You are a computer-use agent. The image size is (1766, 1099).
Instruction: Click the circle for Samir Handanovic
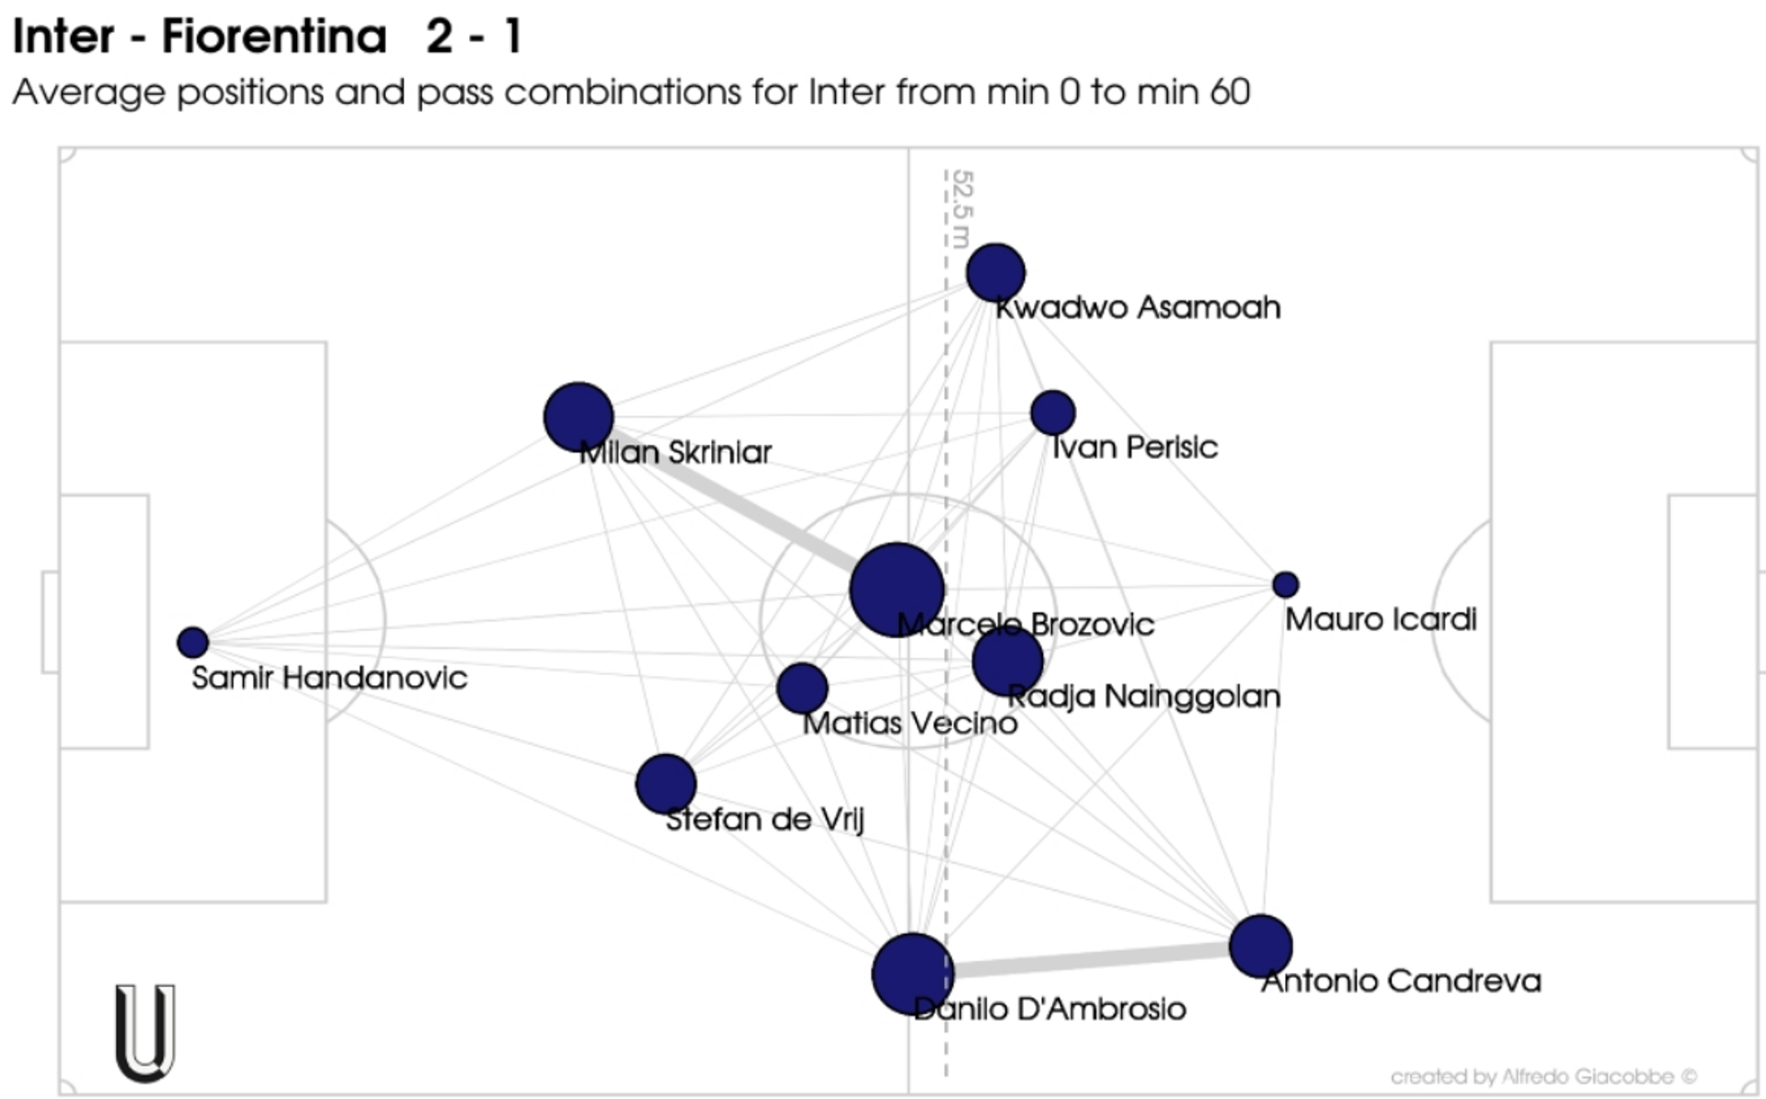(192, 642)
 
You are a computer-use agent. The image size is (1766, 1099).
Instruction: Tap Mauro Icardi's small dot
(1285, 584)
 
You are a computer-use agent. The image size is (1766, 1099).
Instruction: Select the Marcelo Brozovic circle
(896, 590)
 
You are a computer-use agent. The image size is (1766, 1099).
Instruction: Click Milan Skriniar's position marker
(579, 418)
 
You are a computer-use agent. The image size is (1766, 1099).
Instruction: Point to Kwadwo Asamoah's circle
(995, 273)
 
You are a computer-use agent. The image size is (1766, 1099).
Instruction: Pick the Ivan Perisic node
(1053, 412)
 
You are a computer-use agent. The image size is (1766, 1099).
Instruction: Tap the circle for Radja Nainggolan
(1007, 661)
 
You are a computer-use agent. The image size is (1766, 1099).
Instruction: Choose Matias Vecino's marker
(802, 688)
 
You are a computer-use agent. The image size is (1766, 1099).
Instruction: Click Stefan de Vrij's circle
(666, 784)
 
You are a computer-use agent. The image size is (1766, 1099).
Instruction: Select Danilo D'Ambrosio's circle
(912, 974)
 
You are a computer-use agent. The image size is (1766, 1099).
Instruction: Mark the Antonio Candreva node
(1260, 945)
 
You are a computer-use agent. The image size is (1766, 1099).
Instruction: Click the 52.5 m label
(961, 208)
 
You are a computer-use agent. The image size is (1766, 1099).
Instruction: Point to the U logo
(145, 1032)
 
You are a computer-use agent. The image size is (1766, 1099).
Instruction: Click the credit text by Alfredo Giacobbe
(1542, 1076)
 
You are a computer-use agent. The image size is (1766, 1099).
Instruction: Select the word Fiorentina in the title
(274, 37)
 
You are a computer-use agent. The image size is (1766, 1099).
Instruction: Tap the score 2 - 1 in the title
(474, 37)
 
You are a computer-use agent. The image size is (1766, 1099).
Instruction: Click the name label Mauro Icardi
(1381, 620)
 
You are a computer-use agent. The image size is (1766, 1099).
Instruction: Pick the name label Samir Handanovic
(329, 679)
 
